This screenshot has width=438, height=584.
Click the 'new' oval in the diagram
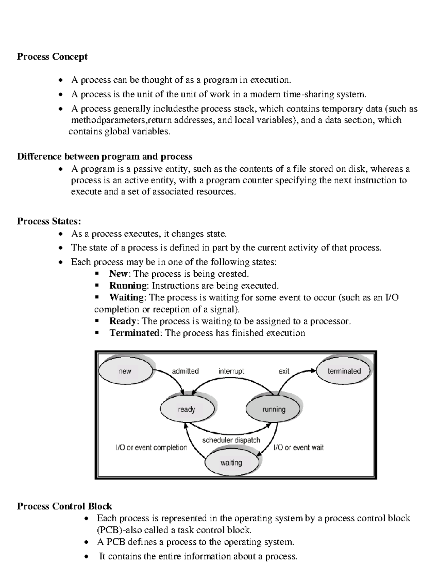(x=125, y=371)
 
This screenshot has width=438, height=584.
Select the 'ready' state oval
(x=187, y=409)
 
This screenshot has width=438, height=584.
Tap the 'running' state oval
(x=273, y=409)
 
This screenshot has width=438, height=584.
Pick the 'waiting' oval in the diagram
(x=231, y=463)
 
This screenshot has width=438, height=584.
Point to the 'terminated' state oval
(x=344, y=371)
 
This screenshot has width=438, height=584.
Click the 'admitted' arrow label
(x=185, y=371)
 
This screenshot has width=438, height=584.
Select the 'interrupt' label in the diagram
(x=231, y=371)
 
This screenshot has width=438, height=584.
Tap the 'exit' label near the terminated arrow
(x=284, y=371)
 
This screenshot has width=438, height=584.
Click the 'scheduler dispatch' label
(x=231, y=440)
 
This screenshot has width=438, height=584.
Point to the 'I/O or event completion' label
(x=151, y=448)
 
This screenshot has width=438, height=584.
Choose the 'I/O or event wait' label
(x=299, y=448)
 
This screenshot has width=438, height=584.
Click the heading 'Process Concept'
(x=52, y=57)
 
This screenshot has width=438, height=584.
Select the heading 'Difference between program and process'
(x=105, y=156)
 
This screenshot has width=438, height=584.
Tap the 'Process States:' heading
(x=49, y=221)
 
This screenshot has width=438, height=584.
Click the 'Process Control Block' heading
(x=64, y=506)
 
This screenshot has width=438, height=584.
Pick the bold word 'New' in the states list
(x=118, y=274)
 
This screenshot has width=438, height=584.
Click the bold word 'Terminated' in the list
(x=134, y=333)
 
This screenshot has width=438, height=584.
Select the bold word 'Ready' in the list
(x=123, y=321)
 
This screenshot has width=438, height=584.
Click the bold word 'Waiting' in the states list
(x=127, y=297)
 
